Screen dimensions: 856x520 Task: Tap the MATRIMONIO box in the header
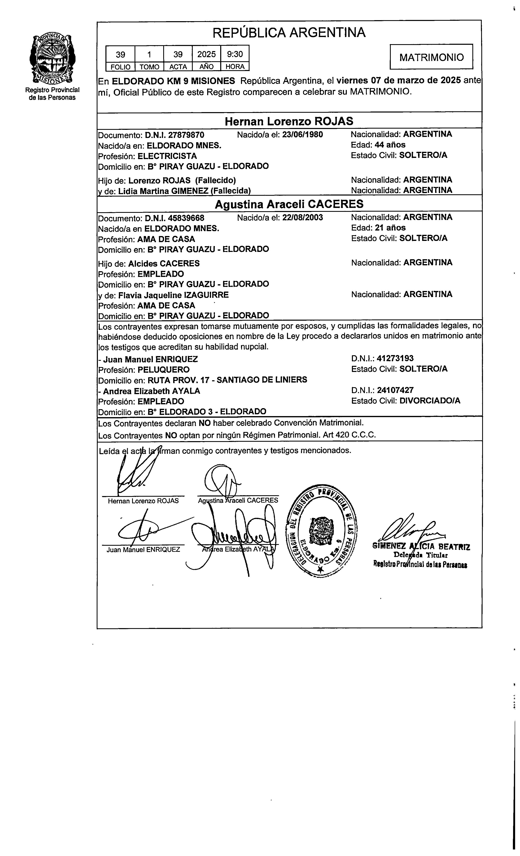click(x=431, y=57)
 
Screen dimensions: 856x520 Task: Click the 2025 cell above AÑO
click(x=206, y=54)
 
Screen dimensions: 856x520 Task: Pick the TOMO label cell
click(x=149, y=67)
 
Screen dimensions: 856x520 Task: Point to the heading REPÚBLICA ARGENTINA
click(x=289, y=33)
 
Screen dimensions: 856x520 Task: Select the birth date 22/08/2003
click(x=302, y=218)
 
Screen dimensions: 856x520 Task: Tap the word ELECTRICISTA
click(x=167, y=156)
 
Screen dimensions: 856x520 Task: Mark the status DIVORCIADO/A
click(x=430, y=401)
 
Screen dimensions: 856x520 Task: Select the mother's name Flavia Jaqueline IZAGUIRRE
click(x=173, y=295)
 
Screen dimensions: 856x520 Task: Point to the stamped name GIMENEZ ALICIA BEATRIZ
click(x=421, y=547)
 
